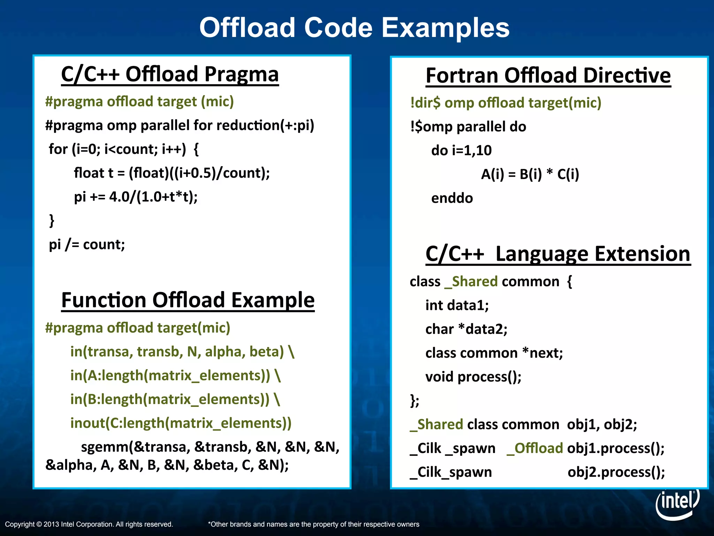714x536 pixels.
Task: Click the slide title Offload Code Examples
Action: pos(354,28)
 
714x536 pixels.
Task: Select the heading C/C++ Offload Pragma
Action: pos(170,74)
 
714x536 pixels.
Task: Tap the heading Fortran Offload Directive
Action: pos(548,75)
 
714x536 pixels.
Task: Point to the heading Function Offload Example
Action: pos(188,300)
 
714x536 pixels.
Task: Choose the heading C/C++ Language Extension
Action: pos(558,254)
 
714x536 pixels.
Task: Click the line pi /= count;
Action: pos(87,244)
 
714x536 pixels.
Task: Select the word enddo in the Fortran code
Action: pos(452,198)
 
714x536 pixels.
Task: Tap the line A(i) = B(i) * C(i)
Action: pos(530,174)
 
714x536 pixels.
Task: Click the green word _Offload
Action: pos(535,448)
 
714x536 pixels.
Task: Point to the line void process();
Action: pos(473,377)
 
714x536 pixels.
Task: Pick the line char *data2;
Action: pos(466,329)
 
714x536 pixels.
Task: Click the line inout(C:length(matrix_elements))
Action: pos(181,423)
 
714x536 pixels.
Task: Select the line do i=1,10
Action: pos(461,150)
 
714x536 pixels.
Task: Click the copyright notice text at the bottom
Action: pos(89,524)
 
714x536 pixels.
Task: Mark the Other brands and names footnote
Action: pos(313,524)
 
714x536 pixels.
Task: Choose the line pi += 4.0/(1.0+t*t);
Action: pos(136,197)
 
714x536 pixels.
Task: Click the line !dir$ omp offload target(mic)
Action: pos(506,103)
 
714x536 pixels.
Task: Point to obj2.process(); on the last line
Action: pos(616,472)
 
